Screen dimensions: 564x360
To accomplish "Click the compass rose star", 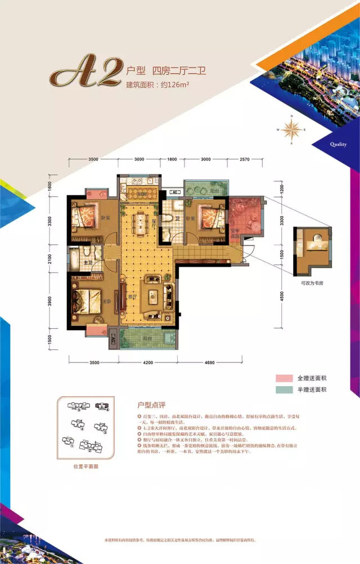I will (291, 131).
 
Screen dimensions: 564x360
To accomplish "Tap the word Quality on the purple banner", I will (339, 144).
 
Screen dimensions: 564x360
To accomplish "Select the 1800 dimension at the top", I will (173, 160).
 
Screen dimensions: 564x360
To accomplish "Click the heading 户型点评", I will (153, 405).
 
